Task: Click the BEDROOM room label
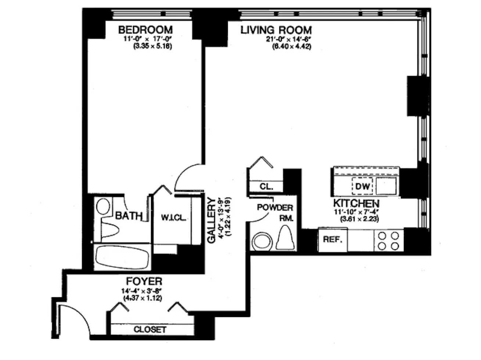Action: click(x=145, y=30)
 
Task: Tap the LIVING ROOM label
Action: click(x=276, y=30)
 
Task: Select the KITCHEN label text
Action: click(x=356, y=203)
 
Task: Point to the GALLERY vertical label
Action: click(x=211, y=220)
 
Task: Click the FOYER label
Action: click(x=144, y=282)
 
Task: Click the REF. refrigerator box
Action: click(x=333, y=240)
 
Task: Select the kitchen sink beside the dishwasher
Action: click(x=386, y=186)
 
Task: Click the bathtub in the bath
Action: click(x=122, y=257)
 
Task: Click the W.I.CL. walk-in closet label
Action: click(x=173, y=218)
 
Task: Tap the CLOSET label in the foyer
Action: click(x=150, y=330)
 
